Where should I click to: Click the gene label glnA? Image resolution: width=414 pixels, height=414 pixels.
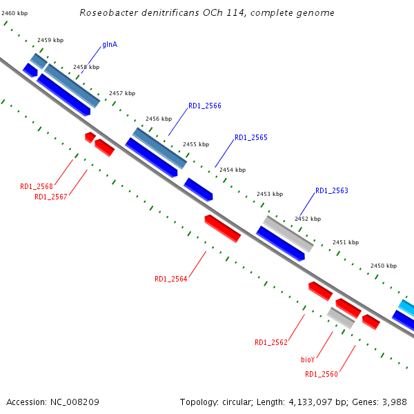[x=110, y=45]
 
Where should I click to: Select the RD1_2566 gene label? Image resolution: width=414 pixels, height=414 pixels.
[x=205, y=106]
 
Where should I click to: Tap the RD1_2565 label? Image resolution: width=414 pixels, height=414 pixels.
[x=250, y=138]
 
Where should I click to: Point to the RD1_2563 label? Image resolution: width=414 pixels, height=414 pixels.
[x=332, y=191]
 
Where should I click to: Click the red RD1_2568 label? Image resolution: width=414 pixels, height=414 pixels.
[x=37, y=186]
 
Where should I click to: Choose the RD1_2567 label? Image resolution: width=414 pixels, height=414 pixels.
[x=51, y=197]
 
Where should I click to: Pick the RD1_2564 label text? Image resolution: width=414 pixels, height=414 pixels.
[x=171, y=279]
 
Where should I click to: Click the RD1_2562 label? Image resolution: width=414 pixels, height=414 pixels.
[x=271, y=342]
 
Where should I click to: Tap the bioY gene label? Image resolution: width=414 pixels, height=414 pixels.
[x=308, y=359]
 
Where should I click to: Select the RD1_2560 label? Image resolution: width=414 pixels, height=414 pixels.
[x=322, y=375]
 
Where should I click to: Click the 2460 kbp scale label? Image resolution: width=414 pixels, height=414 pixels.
[x=15, y=13]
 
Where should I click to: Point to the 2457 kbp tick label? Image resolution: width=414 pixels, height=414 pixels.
[x=122, y=93]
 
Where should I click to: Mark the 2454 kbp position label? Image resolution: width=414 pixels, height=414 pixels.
[x=233, y=170]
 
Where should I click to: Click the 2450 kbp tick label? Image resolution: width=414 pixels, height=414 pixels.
[x=384, y=266]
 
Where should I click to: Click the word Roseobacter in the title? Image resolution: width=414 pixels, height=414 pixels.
[x=106, y=13]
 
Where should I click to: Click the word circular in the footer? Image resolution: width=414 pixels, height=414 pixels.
[x=238, y=402]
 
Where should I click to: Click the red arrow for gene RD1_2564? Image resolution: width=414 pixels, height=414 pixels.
[x=223, y=228]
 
